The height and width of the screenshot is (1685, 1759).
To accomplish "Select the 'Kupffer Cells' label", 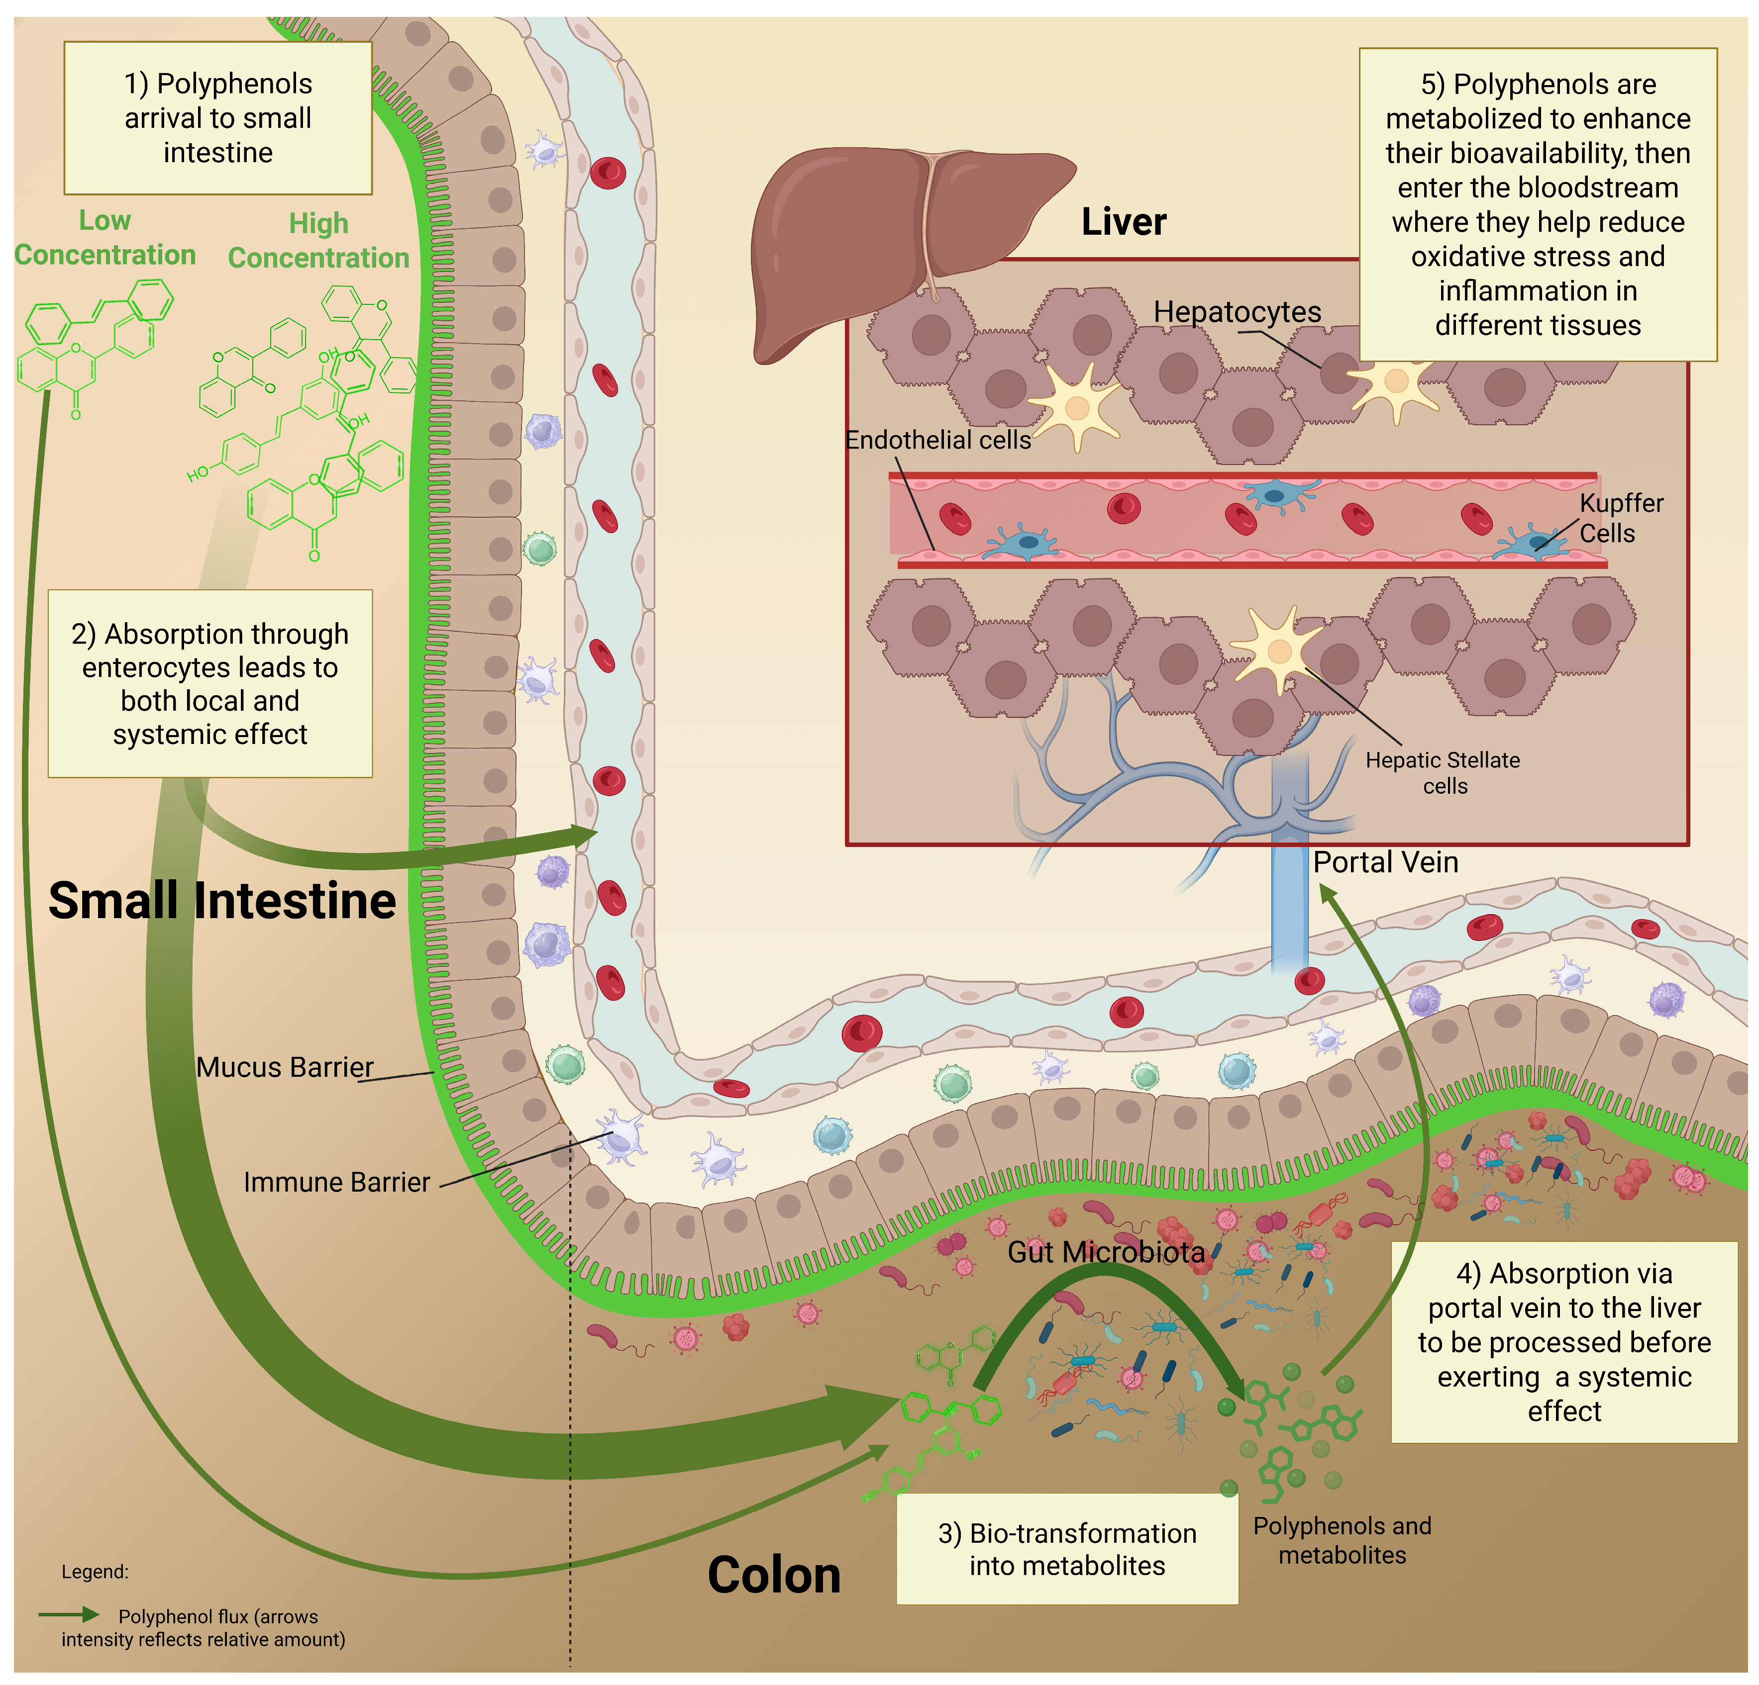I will [1620, 518].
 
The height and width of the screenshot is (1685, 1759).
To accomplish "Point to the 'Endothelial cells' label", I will [938, 440].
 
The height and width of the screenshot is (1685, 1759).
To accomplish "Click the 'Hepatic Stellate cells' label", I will [1442, 772].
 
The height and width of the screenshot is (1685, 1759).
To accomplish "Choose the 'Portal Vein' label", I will [1385, 862].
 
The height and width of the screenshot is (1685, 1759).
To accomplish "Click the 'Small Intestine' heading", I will [221, 901].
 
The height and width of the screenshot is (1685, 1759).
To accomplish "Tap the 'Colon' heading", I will [774, 1575].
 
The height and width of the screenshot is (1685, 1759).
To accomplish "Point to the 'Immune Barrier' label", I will [336, 1182].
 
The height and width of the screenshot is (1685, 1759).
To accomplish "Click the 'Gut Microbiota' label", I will [1106, 1252].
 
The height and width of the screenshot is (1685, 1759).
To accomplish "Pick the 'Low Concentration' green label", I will [105, 238].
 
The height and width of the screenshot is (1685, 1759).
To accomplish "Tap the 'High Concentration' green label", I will [318, 240].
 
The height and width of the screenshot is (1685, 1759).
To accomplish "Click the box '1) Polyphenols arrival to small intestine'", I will [218, 117].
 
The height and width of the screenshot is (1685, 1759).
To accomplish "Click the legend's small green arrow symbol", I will [70, 1614].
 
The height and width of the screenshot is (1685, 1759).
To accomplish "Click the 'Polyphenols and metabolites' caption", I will [1342, 1540].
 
